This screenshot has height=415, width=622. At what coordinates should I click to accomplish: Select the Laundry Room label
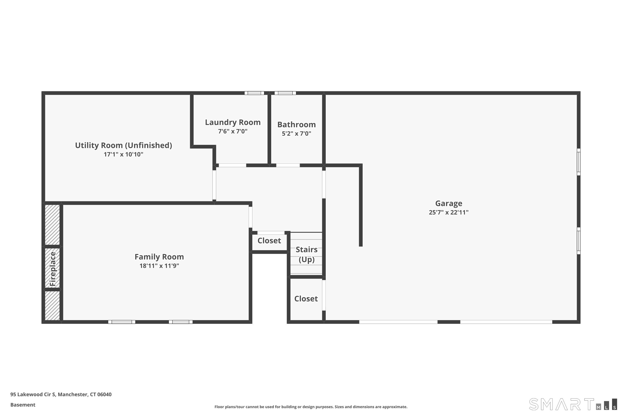click(233, 122)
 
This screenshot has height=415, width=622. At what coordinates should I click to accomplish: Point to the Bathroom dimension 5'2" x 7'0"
click(296, 133)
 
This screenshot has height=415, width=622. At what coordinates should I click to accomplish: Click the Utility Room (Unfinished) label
click(124, 145)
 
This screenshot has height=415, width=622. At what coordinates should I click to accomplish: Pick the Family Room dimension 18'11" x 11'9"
click(159, 266)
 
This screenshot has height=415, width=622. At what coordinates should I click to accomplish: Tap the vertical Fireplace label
click(53, 269)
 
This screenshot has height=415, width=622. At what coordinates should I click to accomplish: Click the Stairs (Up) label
click(306, 254)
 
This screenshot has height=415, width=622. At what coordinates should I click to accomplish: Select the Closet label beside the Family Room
click(269, 240)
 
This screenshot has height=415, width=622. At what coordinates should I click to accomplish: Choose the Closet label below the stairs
click(306, 299)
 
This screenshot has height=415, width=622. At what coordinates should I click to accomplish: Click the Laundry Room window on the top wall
click(254, 93)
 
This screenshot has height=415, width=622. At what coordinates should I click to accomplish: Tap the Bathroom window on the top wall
click(285, 93)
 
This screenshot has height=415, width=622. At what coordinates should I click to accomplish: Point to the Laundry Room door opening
click(232, 165)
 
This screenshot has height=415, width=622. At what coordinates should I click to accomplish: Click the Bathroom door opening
click(288, 165)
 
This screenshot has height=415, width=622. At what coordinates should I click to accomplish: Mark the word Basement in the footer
click(23, 405)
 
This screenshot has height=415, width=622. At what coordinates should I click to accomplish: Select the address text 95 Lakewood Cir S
click(33, 394)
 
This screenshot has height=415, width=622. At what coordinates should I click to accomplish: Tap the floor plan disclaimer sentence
click(311, 407)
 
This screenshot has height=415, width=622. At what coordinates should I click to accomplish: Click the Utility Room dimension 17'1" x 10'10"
click(124, 154)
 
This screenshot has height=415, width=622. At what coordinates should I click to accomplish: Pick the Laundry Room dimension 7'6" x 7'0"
click(233, 131)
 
